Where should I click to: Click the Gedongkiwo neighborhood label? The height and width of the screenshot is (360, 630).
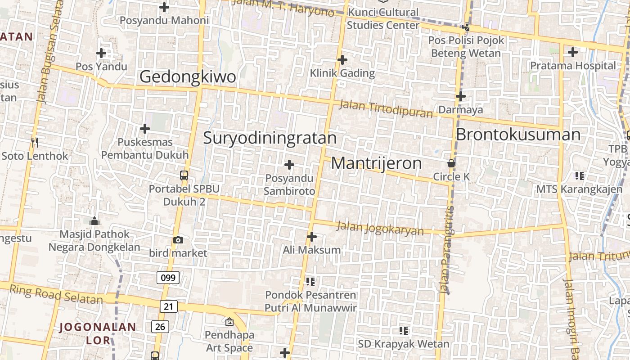coord(188,76)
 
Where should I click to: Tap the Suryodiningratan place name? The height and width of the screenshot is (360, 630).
coord(270,138)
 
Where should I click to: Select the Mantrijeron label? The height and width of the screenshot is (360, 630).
coord(376,163)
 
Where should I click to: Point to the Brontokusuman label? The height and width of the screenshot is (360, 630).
coord(518,135)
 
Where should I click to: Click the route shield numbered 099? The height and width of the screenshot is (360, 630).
coord(168,278)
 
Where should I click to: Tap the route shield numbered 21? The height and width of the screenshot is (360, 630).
coord(168,307)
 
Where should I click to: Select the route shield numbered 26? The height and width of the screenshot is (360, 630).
coord(160,326)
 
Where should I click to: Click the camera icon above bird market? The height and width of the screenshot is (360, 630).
coord(178,240)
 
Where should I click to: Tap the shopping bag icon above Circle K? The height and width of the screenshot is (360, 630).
coord(451,163)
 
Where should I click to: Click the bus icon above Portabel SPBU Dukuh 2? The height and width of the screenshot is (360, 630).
coord(184,175)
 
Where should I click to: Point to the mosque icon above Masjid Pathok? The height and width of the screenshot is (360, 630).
coord(94,221)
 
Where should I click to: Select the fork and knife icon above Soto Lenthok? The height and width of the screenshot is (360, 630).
coord(35,143)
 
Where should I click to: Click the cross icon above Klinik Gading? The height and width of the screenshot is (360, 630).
coord(342,59)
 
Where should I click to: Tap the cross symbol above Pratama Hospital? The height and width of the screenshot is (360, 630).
coord(572,52)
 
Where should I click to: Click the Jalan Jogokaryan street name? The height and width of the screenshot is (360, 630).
coord(380,229)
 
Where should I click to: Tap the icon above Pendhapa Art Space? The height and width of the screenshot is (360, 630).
coord(229,322)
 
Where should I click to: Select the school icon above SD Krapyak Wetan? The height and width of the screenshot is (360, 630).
coord(404,331)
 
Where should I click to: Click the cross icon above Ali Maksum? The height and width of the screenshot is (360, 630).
coord(311,236)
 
